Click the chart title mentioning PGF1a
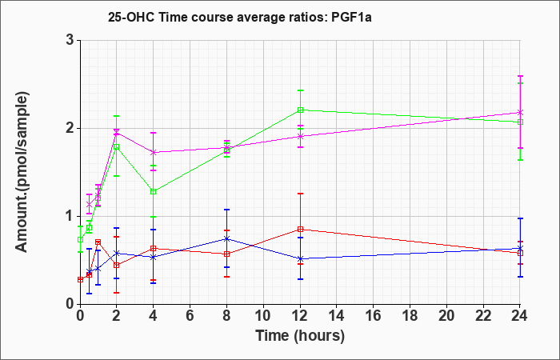240,17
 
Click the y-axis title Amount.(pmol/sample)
22,172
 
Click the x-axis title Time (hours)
300,336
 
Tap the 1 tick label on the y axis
70,216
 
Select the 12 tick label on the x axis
300,315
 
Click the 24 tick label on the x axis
520,315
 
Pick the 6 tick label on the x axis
190,315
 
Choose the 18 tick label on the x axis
410,315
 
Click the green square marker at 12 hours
300,110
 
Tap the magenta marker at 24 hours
520,113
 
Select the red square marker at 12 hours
300,230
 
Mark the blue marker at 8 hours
226,238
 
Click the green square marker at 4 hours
154,191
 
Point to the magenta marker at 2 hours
116,133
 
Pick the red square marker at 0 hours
80,280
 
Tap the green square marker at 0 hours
80,240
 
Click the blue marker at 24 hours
520,248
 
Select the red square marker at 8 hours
226,254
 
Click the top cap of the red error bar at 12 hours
300,194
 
